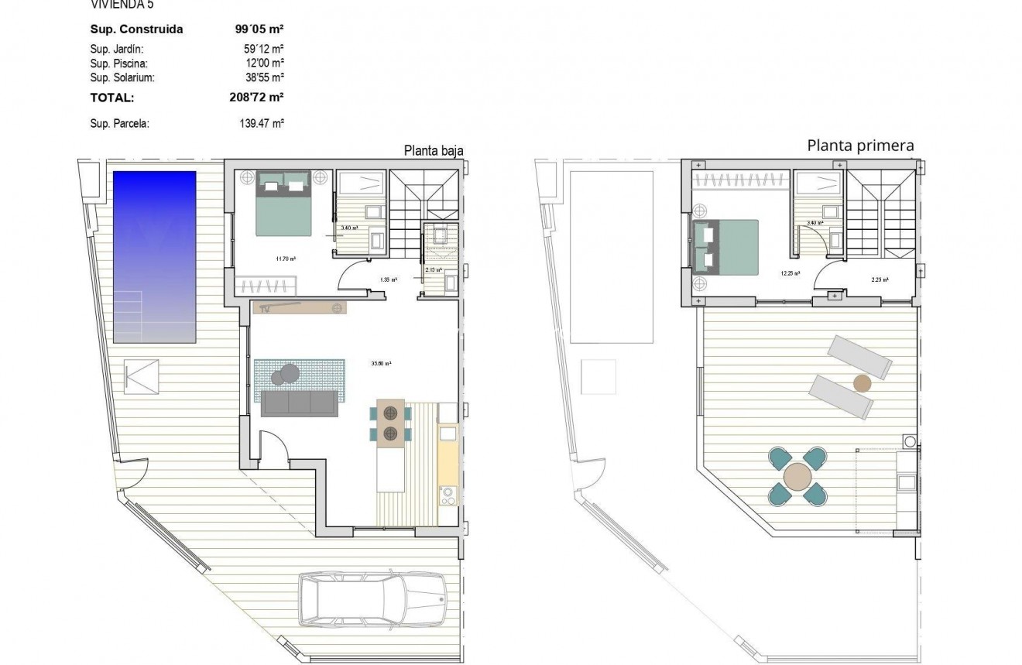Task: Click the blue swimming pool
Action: coord(154,256)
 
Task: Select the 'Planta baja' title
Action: coord(434,151)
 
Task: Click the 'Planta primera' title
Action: coord(860,146)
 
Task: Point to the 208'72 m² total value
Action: coord(252,98)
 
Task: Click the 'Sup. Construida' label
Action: coord(137,29)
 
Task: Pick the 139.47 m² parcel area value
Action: coord(262,122)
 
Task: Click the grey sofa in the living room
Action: coord(300,403)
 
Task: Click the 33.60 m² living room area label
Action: coord(382,362)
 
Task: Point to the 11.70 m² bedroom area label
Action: coord(286,259)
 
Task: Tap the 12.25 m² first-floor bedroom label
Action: coord(790,273)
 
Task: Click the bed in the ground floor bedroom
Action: coord(283,203)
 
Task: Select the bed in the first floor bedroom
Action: coord(725,246)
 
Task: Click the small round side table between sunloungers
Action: coord(862,382)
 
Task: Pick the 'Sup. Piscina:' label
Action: coord(118,63)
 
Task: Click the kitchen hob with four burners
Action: coord(448,495)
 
